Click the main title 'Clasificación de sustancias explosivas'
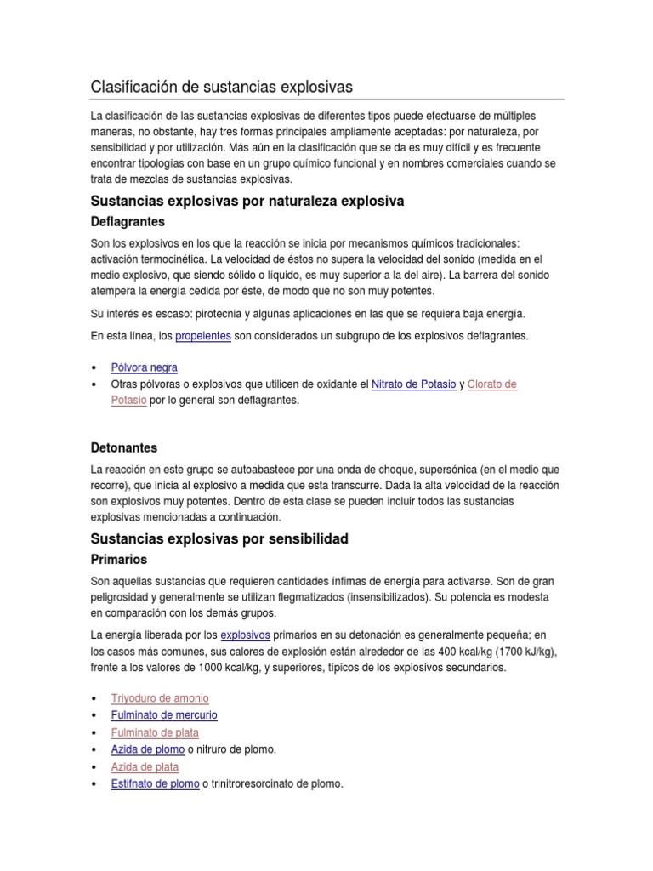point(221,88)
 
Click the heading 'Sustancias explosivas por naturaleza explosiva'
point(247,202)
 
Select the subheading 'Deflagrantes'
point(128,222)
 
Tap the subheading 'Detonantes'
point(123,447)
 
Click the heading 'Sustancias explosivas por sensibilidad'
point(219,539)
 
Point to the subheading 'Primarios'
point(118,560)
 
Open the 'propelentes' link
point(203,336)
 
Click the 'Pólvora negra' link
point(145,367)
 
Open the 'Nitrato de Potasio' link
point(413,384)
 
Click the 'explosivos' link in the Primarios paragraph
point(245,635)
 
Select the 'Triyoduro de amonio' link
point(160,698)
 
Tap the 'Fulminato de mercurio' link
point(164,715)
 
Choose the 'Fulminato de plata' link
point(155,732)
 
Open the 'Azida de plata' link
point(145,766)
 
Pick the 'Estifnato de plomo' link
point(156,783)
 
